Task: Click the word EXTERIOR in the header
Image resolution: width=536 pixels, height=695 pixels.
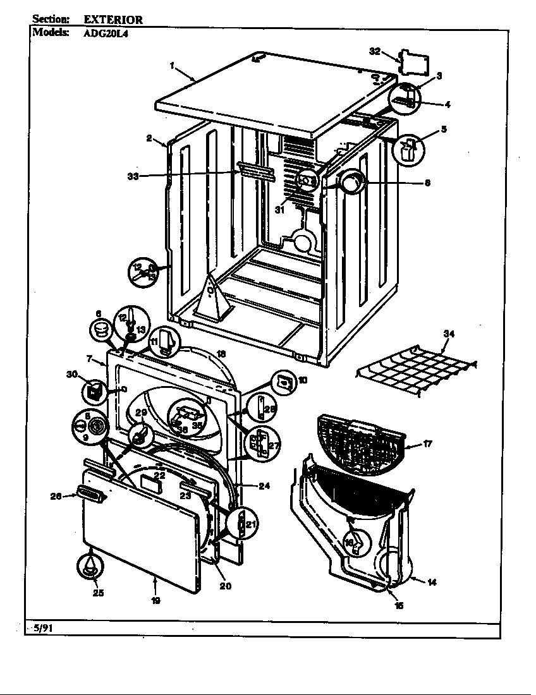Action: [x=113, y=20]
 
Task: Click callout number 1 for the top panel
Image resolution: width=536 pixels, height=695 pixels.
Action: [x=171, y=64]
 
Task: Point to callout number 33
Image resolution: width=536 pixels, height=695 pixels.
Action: [x=133, y=176]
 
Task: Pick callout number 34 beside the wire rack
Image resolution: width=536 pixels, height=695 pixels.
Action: [x=449, y=334]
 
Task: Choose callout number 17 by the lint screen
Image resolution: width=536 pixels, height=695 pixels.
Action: [x=427, y=444]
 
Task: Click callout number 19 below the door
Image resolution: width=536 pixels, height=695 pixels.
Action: [x=155, y=600]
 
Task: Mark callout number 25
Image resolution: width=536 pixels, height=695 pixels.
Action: [x=98, y=592]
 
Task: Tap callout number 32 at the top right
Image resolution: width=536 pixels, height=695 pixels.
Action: [x=375, y=52]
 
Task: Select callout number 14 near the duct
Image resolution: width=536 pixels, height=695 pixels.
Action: [x=432, y=582]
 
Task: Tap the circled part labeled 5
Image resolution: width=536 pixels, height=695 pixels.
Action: [x=408, y=150]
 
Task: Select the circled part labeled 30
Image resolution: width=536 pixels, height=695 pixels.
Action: [x=94, y=392]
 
